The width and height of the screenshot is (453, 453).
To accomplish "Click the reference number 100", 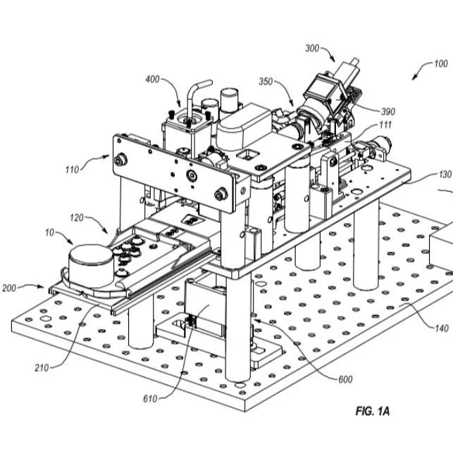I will pos(440,63).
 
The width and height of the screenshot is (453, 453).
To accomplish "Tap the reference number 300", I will pos(312,49).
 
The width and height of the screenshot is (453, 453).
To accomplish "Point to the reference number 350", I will pos(265,82).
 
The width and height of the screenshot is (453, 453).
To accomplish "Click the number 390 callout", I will pos(388,111).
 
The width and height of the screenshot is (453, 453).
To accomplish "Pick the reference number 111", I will pos(385,125).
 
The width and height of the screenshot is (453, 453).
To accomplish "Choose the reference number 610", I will pos(151,399).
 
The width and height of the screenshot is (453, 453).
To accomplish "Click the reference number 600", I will pos(345,380).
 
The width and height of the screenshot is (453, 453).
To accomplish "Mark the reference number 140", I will pos(441,328).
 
